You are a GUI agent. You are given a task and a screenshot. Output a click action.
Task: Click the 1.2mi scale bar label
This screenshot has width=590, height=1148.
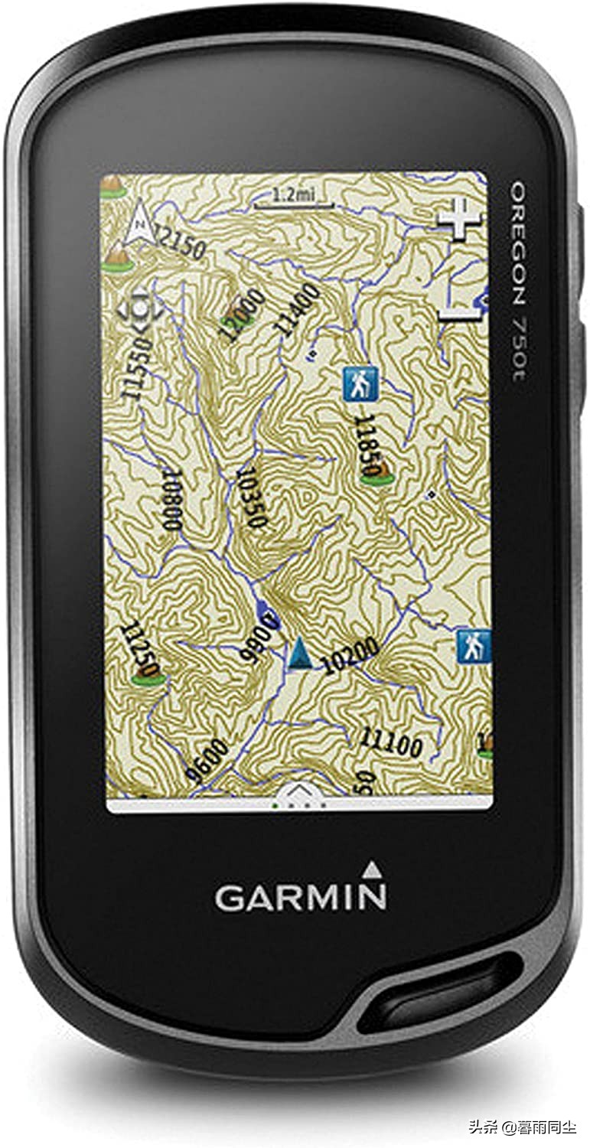tap(294, 196)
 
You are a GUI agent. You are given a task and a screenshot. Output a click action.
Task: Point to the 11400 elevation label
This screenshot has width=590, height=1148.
tap(298, 309)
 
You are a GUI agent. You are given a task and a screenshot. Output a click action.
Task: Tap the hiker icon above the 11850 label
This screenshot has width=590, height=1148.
tap(360, 383)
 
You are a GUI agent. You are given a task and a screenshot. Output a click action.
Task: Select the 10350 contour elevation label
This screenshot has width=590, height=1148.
tap(253, 497)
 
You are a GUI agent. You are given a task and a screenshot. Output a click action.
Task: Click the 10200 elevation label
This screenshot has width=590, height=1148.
tap(350, 656)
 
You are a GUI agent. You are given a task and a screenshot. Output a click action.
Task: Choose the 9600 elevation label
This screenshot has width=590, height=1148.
tap(207, 761)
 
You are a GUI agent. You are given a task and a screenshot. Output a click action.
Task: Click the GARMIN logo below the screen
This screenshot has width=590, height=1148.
tap(300, 896)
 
